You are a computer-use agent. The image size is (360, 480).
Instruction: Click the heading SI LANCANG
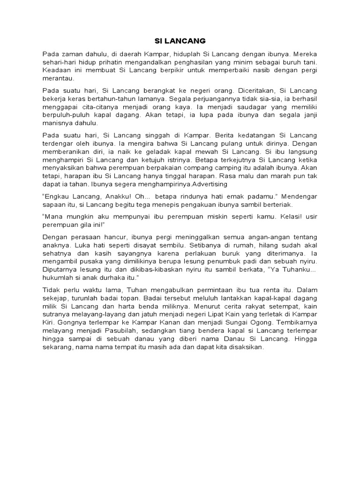[180, 41]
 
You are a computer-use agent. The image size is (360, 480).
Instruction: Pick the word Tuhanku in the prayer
[297, 270]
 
